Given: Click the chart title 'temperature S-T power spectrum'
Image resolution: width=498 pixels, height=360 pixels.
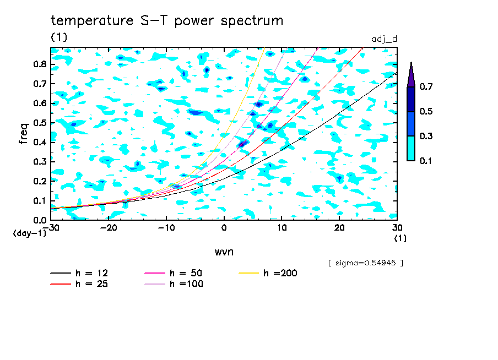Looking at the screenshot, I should (x=167, y=21).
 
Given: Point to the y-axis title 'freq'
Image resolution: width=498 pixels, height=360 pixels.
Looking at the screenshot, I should (x=24, y=134).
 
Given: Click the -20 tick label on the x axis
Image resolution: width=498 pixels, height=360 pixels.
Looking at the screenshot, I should (x=109, y=227).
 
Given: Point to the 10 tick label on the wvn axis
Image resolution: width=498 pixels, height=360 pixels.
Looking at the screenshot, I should (x=282, y=227).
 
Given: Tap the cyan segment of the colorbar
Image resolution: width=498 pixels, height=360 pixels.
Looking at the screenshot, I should (x=410, y=148).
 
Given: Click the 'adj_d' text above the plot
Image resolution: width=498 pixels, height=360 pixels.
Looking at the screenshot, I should (x=385, y=40).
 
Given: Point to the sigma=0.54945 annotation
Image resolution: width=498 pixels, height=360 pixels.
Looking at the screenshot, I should (x=365, y=263).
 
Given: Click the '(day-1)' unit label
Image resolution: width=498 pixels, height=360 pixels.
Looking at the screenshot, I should (x=29, y=233).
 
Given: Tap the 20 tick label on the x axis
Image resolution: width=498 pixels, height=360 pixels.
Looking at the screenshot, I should (x=339, y=227).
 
